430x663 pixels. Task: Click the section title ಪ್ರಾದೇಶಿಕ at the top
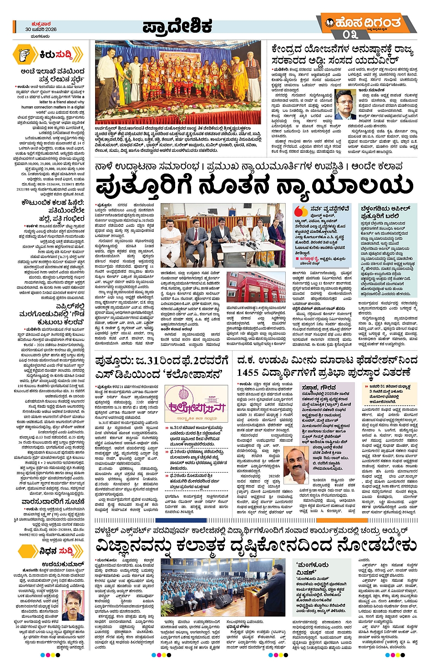[177, 26]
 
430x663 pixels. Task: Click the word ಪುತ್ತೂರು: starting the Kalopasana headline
[114, 361]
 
